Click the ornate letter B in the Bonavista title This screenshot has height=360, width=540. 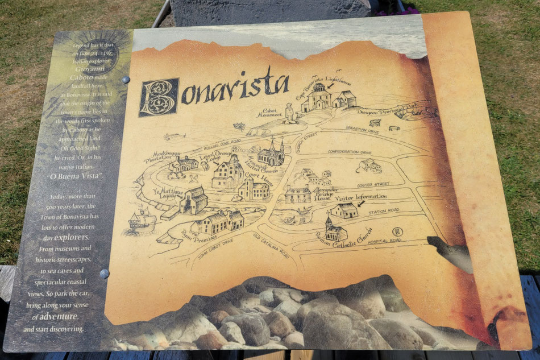[159, 97]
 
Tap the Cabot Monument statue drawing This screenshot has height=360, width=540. [289, 114]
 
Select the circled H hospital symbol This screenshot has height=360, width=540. [396, 231]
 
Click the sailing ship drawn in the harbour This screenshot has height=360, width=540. [142, 219]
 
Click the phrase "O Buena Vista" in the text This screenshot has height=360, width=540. [74, 176]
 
